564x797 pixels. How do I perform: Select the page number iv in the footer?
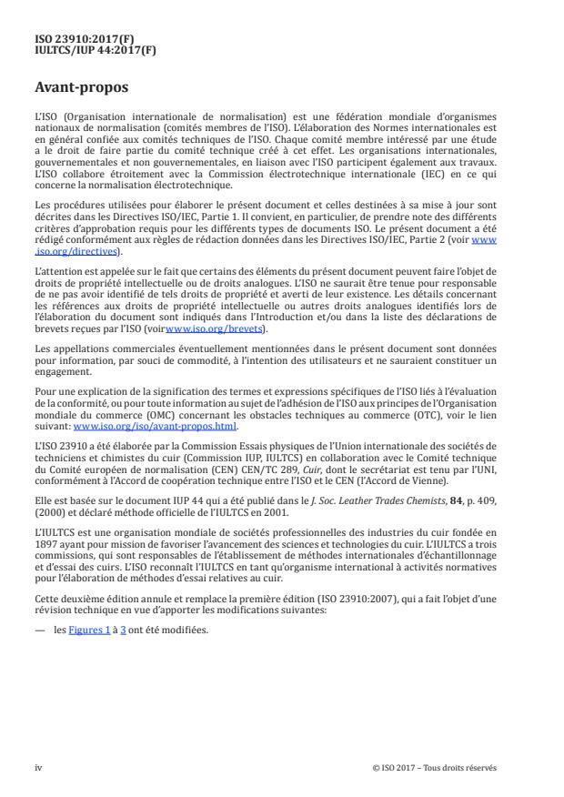point(38,766)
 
